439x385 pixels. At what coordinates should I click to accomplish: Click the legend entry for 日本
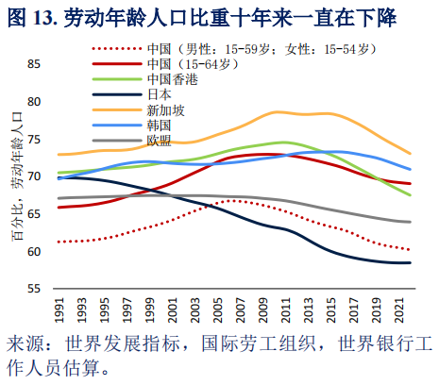click(x=160, y=94)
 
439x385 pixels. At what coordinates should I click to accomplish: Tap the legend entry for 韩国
click(x=160, y=125)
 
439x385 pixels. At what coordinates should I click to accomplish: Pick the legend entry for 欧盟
click(x=160, y=140)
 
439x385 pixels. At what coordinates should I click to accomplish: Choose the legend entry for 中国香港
click(x=173, y=79)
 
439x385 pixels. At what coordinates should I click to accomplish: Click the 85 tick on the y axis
click(x=35, y=63)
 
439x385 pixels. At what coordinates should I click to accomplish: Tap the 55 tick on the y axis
click(x=35, y=289)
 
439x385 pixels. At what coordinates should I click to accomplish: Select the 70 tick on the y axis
click(x=35, y=176)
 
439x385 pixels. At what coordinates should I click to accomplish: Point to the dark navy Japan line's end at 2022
click(x=411, y=263)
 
